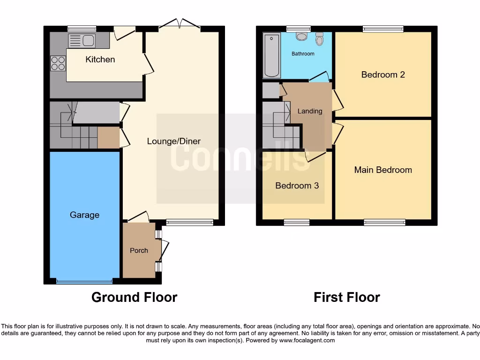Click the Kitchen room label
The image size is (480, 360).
[x=100, y=60]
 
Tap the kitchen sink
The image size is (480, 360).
[x=82, y=41]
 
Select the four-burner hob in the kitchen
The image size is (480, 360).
[x=58, y=63]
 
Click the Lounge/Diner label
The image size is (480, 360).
[x=173, y=141]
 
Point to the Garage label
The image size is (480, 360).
[x=84, y=215]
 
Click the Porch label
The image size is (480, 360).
[x=139, y=250]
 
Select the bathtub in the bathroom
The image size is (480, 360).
[x=271, y=55]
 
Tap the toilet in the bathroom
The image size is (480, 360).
[x=320, y=39]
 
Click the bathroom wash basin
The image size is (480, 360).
[x=301, y=37]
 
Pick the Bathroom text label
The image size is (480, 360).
[x=303, y=54]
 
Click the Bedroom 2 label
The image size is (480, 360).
[x=382, y=75]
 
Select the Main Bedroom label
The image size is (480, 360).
[x=382, y=170]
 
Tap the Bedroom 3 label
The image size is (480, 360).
[x=297, y=186]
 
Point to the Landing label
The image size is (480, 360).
[x=310, y=111]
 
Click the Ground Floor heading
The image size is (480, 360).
[x=134, y=297]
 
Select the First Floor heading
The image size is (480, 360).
[x=346, y=297]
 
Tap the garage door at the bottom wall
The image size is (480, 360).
[x=84, y=282]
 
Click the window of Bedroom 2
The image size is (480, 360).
[x=383, y=29]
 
